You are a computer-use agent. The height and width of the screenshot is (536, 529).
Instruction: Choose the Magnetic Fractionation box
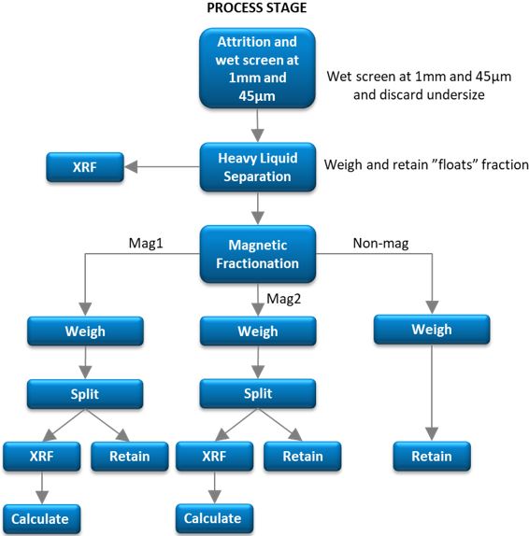click(256, 253)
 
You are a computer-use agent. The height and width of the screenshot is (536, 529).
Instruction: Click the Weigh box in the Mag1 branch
click(85, 331)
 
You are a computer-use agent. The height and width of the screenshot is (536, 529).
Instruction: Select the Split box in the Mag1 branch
click(85, 393)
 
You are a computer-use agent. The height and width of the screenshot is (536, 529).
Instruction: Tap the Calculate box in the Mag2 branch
click(212, 517)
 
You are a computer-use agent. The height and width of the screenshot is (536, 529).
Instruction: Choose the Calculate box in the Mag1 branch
click(40, 517)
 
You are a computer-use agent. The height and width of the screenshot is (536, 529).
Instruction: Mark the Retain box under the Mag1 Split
click(130, 456)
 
